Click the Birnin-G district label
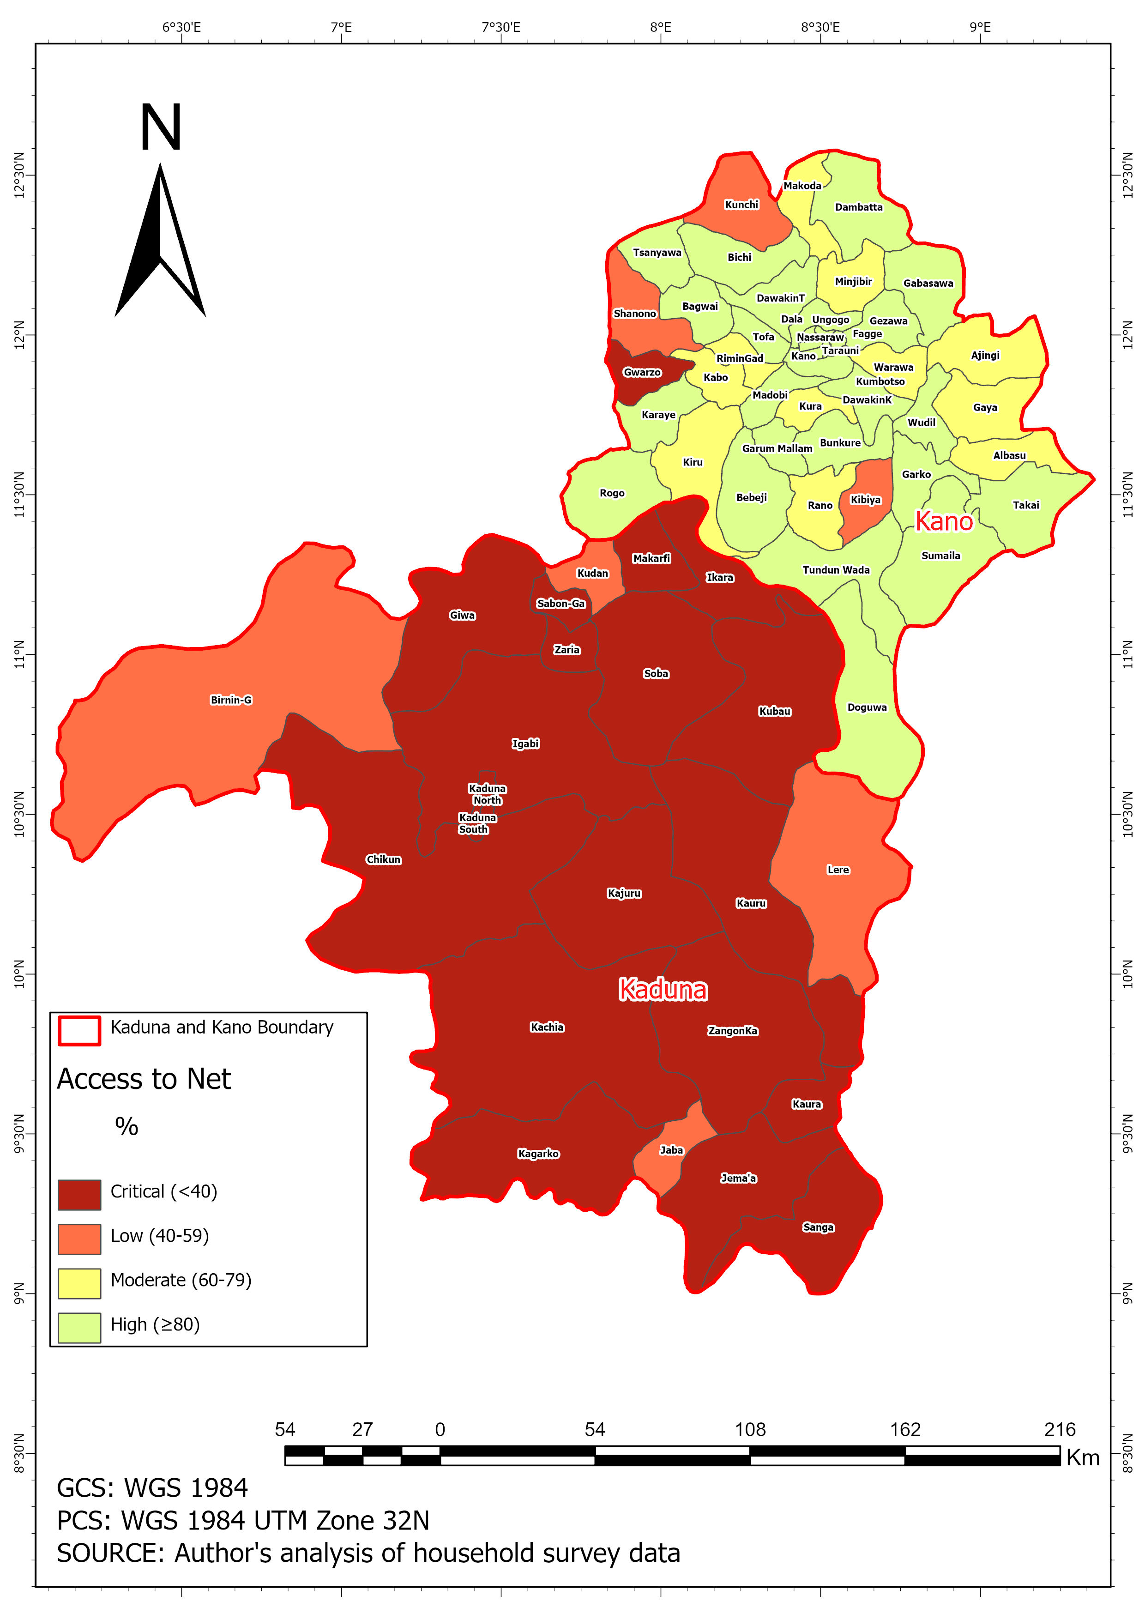pyautogui.click(x=231, y=700)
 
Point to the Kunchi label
pyautogui.click(x=741, y=205)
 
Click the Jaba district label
pyautogui.click(x=671, y=1150)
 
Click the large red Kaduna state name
pyautogui.click(x=663, y=990)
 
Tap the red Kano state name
pyautogui.click(x=944, y=521)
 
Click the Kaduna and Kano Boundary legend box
pyautogui.click(x=79, y=1030)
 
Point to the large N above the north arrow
pyautogui.click(x=161, y=128)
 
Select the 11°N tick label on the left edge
pyautogui.click(x=19, y=654)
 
